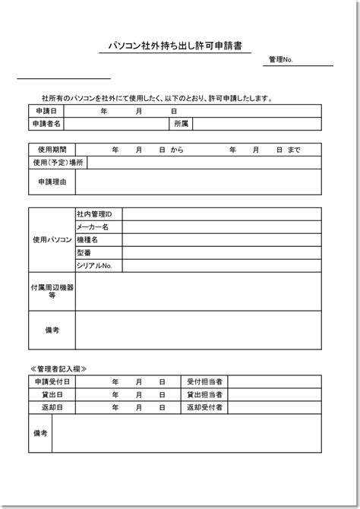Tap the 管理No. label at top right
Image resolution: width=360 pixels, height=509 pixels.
[x=281, y=61]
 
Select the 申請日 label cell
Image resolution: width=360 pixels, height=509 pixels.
[x=46, y=111]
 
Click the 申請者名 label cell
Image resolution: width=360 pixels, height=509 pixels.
[x=46, y=123]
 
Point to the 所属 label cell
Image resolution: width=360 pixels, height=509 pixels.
[x=181, y=123]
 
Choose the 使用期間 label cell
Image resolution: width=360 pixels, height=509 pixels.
[x=46, y=150]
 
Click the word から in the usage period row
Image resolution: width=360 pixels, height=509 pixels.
[x=177, y=150]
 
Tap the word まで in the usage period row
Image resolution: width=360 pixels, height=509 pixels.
[x=294, y=150]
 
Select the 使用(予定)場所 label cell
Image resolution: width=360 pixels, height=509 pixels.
[x=58, y=163]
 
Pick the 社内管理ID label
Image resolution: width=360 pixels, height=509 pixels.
[x=94, y=214]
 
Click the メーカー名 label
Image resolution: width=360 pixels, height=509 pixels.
[x=93, y=227]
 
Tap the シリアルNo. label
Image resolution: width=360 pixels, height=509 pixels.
[x=94, y=266]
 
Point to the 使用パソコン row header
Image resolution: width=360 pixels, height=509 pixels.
[x=52, y=240]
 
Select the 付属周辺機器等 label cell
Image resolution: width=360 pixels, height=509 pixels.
[x=52, y=291]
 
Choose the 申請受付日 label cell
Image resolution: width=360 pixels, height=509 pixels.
[x=52, y=381]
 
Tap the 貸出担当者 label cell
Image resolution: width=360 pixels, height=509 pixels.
[x=204, y=394]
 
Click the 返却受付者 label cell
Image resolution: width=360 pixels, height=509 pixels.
[x=204, y=408]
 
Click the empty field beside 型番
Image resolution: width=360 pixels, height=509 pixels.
[x=222, y=253]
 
